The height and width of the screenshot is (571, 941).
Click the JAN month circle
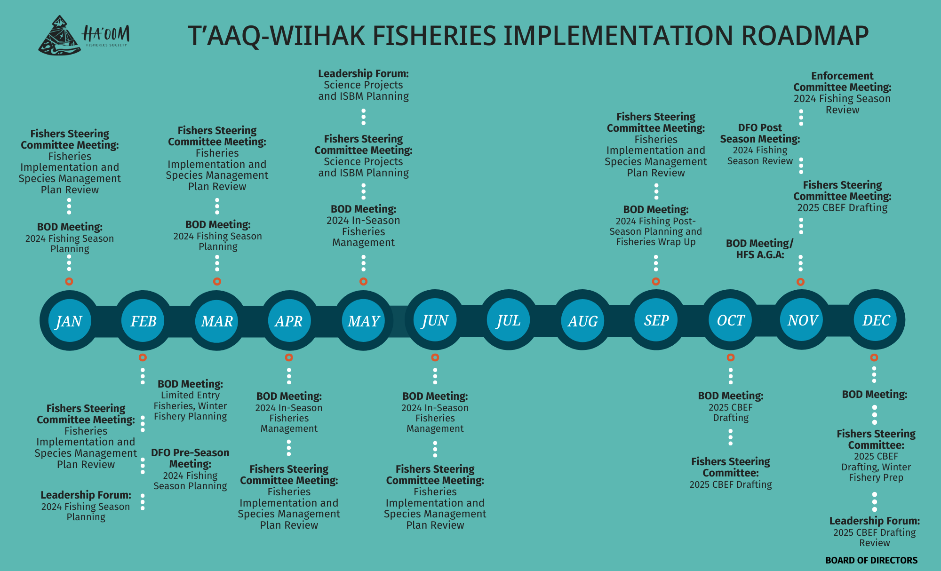[69, 321]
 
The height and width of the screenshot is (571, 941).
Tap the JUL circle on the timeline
[508, 320]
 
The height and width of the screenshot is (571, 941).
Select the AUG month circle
[582, 321]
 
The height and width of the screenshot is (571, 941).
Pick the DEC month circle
[876, 320]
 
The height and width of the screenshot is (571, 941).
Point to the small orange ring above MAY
[363, 282]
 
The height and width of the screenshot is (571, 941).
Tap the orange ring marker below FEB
[143, 357]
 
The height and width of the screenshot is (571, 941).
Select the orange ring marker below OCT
[731, 357]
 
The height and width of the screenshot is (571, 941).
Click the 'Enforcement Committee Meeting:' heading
[842, 81]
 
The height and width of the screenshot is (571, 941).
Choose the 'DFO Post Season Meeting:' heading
[760, 133]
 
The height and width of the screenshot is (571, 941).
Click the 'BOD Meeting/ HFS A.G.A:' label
[759, 249]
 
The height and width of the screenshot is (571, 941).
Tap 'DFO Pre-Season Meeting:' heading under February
[190, 458]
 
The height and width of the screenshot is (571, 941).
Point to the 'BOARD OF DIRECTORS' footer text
[871, 560]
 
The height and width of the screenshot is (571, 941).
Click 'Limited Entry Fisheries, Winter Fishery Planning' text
[190, 406]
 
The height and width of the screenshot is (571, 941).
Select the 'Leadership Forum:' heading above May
[363, 73]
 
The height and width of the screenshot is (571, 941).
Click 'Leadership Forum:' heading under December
[874, 521]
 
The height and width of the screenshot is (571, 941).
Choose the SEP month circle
[656, 320]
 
